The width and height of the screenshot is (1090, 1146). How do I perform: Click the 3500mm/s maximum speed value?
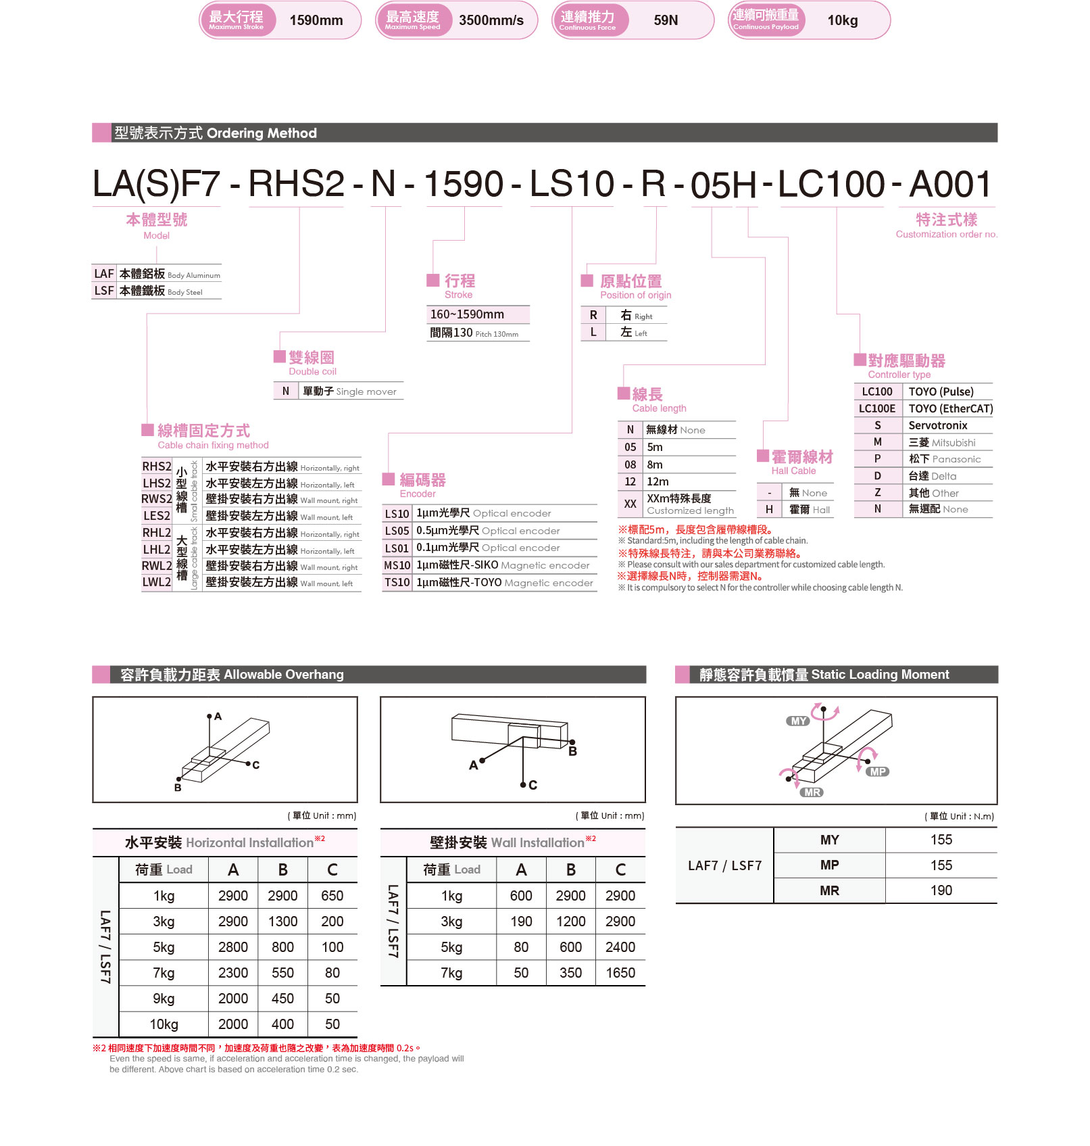[x=491, y=20]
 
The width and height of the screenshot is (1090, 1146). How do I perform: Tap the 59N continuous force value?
[x=666, y=20]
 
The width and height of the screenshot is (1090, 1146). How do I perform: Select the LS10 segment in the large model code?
[x=572, y=184]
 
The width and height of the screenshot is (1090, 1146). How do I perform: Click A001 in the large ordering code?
[x=950, y=184]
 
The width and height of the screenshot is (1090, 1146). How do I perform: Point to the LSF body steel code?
[x=104, y=291]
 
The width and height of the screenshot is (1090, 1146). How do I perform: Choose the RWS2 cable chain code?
[x=156, y=499]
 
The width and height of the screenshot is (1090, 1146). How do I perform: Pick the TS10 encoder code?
[x=397, y=582]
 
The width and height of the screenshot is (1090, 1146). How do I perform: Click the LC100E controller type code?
[x=877, y=408]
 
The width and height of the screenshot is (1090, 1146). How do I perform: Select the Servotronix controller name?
[x=937, y=425]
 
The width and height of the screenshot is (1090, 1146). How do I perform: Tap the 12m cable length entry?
[x=658, y=481]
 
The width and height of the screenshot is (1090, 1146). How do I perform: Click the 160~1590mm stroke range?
[x=467, y=314]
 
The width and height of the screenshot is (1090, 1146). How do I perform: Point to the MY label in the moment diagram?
[x=798, y=721]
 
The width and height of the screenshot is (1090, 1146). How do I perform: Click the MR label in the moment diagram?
[x=812, y=792]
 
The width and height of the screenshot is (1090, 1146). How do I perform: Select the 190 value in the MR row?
[x=941, y=890]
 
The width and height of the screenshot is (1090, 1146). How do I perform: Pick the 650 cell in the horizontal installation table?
[x=332, y=896]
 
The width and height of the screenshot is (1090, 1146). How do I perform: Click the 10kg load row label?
[x=164, y=1024]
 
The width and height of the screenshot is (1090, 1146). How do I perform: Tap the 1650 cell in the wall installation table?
[x=620, y=973]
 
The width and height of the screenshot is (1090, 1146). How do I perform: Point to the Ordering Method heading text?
[x=262, y=133]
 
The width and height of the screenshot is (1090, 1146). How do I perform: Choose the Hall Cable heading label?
[x=793, y=471]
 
